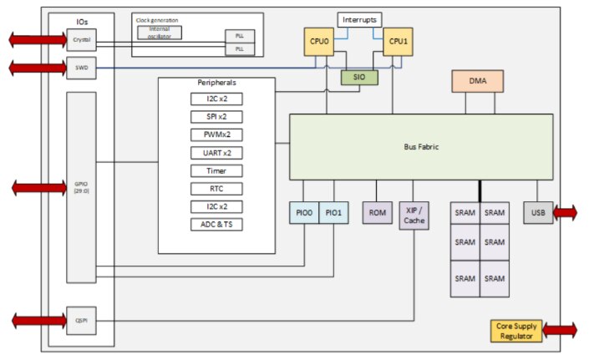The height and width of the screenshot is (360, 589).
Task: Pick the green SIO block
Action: (358, 78)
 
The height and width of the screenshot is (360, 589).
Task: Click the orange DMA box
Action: (478, 81)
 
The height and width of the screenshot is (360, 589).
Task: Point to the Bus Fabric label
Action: (421, 147)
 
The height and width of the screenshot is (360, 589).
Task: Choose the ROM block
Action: (377, 213)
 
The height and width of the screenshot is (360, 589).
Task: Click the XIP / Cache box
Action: (414, 216)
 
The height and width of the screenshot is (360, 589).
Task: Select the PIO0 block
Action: (303, 213)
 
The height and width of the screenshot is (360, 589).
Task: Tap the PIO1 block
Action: (333, 213)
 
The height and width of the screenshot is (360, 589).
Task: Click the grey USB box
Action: (537, 213)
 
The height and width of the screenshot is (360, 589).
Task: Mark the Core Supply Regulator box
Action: (515, 331)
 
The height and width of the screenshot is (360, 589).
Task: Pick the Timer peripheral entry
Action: (216, 170)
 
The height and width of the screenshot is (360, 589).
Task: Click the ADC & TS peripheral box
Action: (216, 224)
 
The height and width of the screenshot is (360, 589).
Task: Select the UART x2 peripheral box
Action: (216, 151)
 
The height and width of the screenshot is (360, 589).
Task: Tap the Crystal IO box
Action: (81, 39)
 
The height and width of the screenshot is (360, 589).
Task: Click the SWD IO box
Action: (81, 68)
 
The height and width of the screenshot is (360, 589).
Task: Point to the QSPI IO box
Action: (81, 319)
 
